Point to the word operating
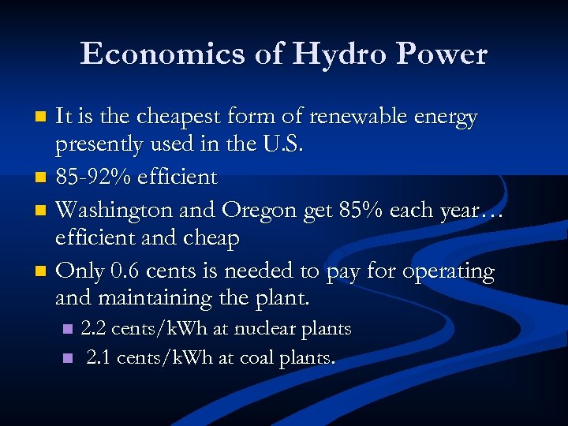click(x=448, y=272)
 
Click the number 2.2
click(x=95, y=329)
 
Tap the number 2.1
click(x=99, y=357)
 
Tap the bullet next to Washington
click(x=43, y=211)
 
